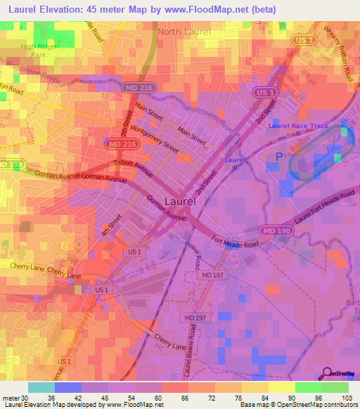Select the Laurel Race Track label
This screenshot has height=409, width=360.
[298, 126]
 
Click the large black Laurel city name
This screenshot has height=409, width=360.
[179, 200]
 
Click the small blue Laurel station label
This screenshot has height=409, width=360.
[234, 160]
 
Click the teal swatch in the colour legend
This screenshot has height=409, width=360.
[41, 387]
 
